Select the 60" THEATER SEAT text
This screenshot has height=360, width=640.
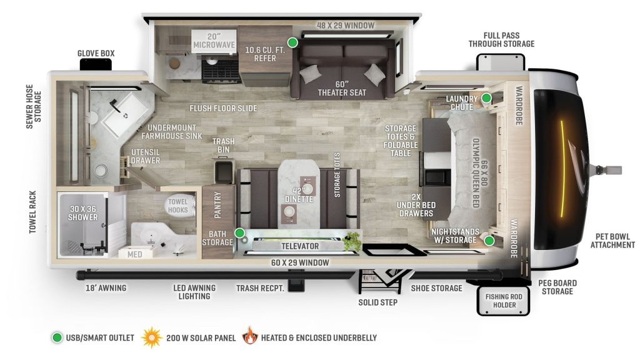pyautogui.click(x=341, y=88)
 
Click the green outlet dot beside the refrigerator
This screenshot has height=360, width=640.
pyautogui.click(x=292, y=42)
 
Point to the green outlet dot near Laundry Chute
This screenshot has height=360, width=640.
pyautogui.click(x=486, y=98)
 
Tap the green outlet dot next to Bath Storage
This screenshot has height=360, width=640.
pyautogui.click(x=239, y=233)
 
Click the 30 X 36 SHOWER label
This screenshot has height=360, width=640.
pyautogui.click(x=83, y=212)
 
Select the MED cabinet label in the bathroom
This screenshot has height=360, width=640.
pyautogui.click(x=134, y=254)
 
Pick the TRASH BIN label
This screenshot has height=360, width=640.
pyautogui.click(x=223, y=146)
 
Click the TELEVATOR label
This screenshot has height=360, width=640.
pyautogui.click(x=300, y=246)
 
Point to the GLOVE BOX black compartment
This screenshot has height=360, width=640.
pyautogui.click(x=96, y=64)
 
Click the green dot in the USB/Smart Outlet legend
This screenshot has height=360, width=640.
pyautogui.click(x=57, y=338)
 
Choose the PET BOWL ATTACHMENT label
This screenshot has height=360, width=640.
pyautogui.click(x=612, y=240)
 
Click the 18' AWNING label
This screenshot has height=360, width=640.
pyautogui.click(x=106, y=288)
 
